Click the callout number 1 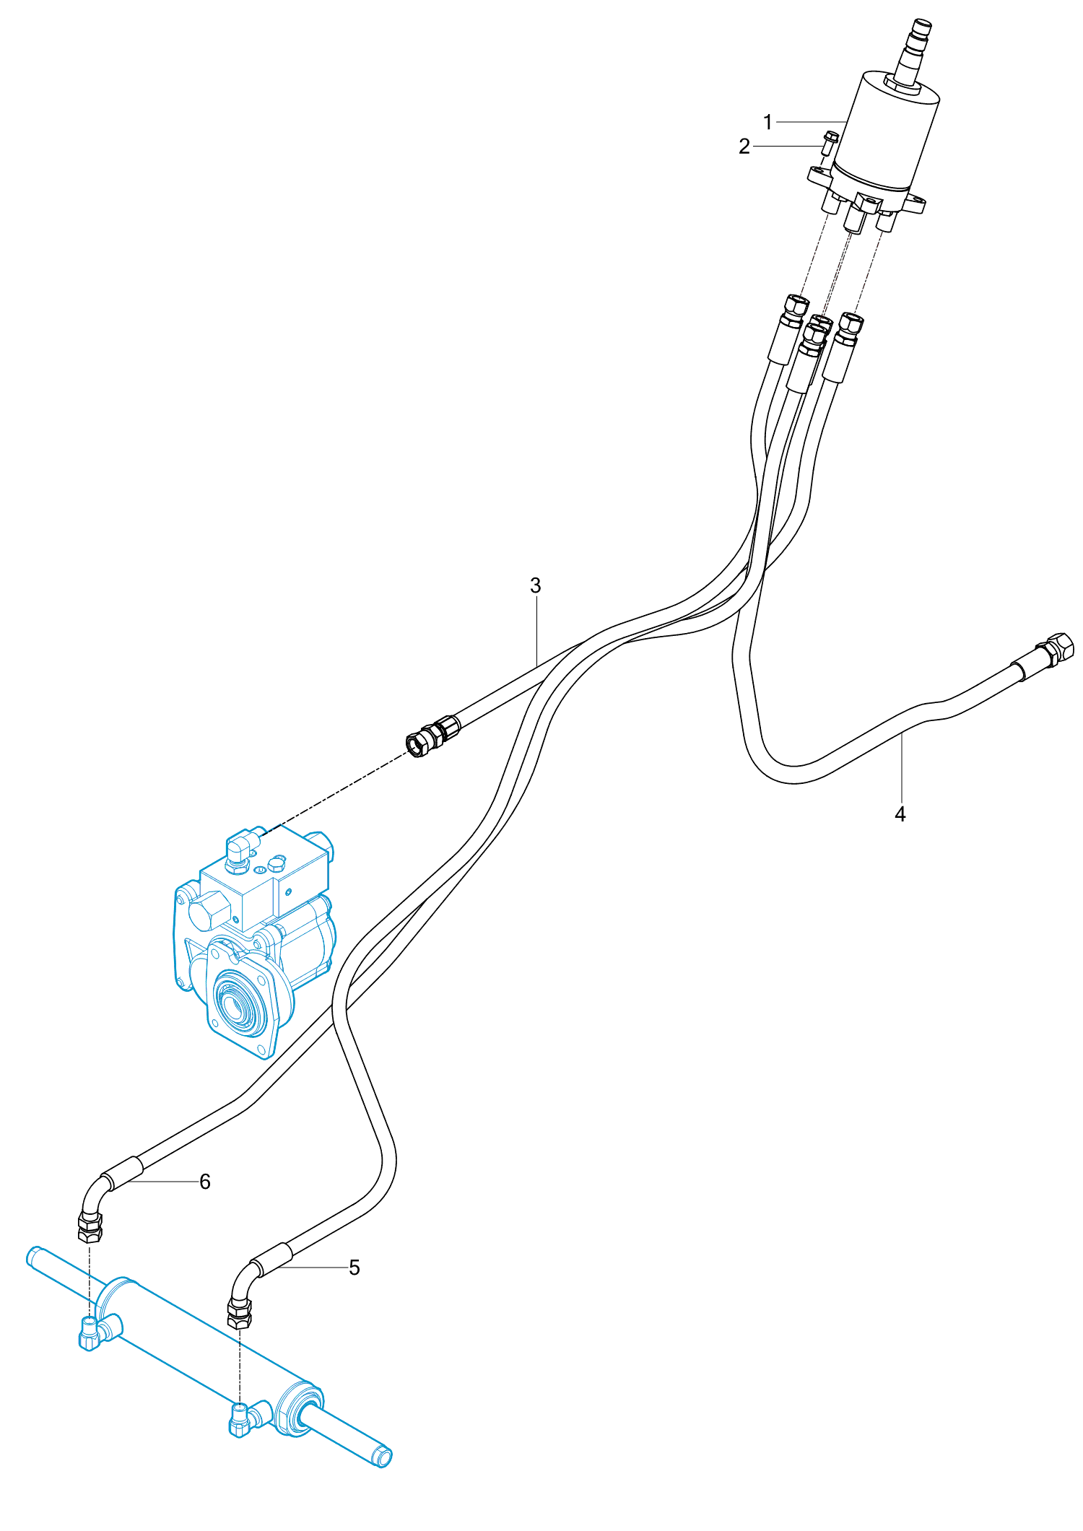coord(767,122)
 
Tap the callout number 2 coord(744,147)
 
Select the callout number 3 coord(535,585)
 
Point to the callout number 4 coord(900,814)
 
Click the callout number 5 coord(354,1268)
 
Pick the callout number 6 coord(205,1182)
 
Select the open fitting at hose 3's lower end coord(417,743)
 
